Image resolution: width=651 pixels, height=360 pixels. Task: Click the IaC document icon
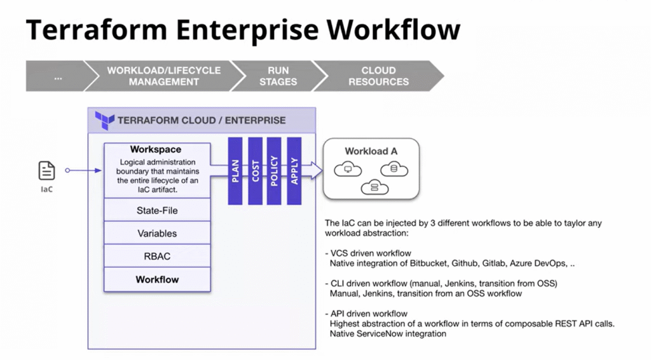pos(46,170)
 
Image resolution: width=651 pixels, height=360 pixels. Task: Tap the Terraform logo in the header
pos(104,120)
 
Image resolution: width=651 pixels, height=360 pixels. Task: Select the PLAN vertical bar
pos(235,170)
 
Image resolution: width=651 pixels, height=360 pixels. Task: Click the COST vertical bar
pos(256,170)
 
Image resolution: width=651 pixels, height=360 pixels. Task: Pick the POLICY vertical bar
pos(275,170)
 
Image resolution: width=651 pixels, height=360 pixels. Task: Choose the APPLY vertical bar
pos(294,170)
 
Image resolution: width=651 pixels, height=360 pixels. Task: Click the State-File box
pos(156,211)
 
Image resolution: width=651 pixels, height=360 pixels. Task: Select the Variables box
pos(156,233)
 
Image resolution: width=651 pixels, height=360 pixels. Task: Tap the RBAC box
pos(156,256)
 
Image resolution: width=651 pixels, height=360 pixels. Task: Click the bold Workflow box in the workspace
pos(156,279)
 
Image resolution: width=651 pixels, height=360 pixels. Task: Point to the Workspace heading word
pos(156,149)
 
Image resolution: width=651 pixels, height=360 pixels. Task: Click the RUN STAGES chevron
pos(278,76)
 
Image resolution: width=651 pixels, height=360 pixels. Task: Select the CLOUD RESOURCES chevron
pos(379,76)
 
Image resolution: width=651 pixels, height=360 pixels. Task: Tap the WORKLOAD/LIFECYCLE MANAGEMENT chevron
pos(163,76)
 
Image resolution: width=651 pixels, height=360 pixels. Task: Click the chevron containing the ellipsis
pos(57,76)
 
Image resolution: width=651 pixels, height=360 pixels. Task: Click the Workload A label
pos(371,151)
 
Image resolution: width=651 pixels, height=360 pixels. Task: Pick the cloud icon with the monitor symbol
pos(348,169)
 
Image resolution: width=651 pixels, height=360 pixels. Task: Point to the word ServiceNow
pos(382,333)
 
